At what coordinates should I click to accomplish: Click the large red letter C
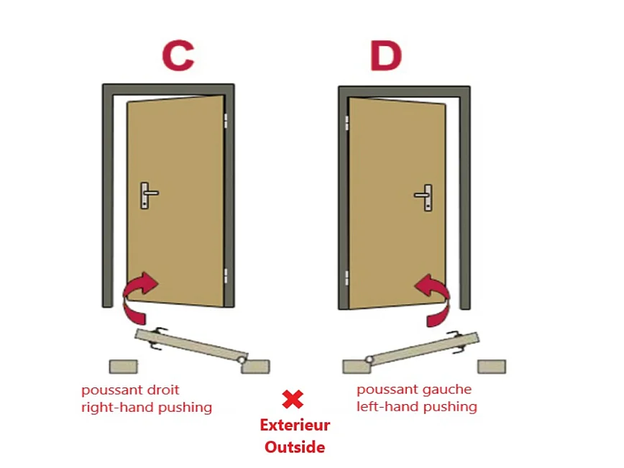(178, 55)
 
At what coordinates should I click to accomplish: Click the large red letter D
(385, 55)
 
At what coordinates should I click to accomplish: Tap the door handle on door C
(149, 195)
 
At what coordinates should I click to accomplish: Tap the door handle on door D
(423, 197)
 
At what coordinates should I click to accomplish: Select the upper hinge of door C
(226, 121)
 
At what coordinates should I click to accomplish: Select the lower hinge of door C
(226, 275)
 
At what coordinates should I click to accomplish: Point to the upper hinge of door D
(347, 123)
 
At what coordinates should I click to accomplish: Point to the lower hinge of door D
(347, 277)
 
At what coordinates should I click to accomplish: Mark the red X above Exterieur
(293, 399)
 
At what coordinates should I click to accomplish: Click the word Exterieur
(295, 425)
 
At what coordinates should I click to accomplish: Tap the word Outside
(295, 447)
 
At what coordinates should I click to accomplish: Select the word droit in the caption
(163, 390)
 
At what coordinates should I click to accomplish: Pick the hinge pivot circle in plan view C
(241, 359)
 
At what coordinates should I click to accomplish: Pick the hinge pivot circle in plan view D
(370, 359)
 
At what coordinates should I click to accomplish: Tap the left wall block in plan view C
(124, 367)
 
